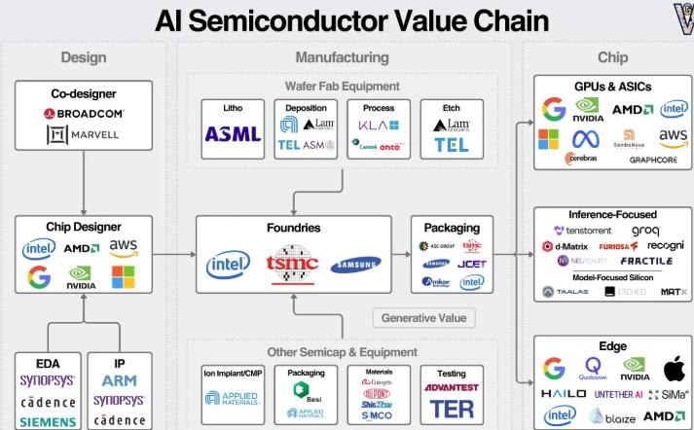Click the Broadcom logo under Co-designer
click(84, 114)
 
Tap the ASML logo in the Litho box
click(233, 134)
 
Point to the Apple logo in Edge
click(674, 369)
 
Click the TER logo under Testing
click(452, 409)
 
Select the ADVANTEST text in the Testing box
click(452, 387)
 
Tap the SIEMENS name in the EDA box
click(48, 421)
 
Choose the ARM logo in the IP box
click(119, 380)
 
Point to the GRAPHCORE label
click(654, 159)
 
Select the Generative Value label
click(422, 317)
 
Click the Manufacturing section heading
click(341, 58)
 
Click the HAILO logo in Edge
click(564, 394)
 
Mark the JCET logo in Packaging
click(471, 264)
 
